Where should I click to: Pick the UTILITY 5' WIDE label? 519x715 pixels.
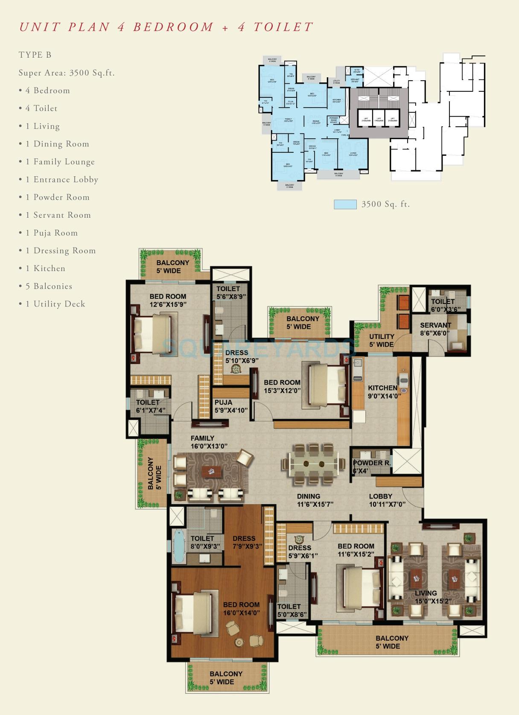pos(381,340)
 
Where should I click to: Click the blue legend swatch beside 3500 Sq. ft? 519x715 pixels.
pos(345,204)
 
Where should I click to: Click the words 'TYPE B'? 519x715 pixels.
pos(35,55)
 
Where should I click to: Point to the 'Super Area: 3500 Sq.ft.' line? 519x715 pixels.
pos(67,73)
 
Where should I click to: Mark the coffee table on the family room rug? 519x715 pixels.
pos(211,472)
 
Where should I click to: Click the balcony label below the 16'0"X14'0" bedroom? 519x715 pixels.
pos(226,677)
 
